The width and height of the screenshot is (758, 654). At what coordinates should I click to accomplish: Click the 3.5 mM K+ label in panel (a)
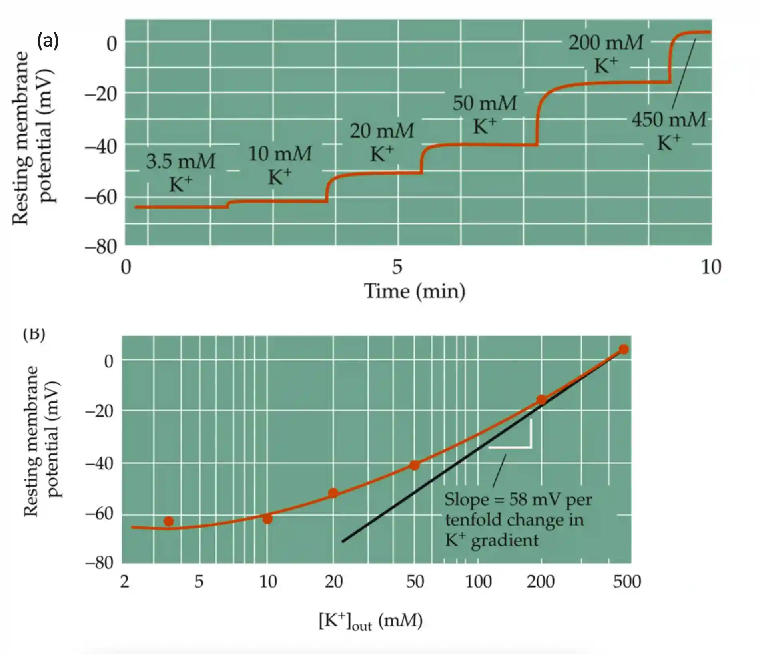pyautogui.click(x=181, y=172)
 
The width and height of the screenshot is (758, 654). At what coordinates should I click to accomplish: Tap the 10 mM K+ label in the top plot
pyautogui.click(x=280, y=165)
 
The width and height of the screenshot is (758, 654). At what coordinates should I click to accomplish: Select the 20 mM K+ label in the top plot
pyautogui.click(x=382, y=142)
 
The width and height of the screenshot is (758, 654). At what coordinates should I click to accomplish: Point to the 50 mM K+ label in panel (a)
pyautogui.click(x=485, y=114)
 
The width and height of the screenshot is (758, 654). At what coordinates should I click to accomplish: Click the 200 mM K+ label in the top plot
pyautogui.click(x=606, y=54)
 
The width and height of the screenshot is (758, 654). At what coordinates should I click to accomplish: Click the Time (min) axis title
pyautogui.click(x=415, y=291)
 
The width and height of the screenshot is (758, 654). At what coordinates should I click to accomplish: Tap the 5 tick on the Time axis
pyautogui.click(x=397, y=267)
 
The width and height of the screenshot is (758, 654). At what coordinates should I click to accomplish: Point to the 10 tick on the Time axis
pyautogui.click(x=711, y=267)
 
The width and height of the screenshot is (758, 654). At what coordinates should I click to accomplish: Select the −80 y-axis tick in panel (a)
pyautogui.click(x=101, y=247)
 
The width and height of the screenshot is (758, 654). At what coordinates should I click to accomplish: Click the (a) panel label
pyautogui.click(x=48, y=41)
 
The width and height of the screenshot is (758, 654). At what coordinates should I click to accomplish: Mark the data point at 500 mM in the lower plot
pyautogui.click(x=624, y=349)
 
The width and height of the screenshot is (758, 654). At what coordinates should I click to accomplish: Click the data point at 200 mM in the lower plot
pyautogui.click(x=541, y=399)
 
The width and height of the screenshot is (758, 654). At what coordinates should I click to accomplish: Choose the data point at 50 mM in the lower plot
pyautogui.click(x=415, y=465)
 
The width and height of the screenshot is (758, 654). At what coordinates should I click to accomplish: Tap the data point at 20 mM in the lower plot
pyautogui.click(x=333, y=493)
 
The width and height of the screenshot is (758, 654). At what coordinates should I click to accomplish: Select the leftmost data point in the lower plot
pyautogui.click(x=168, y=521)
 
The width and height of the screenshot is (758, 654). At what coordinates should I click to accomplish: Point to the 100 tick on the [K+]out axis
pyautogui.click(x=479, y=582)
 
